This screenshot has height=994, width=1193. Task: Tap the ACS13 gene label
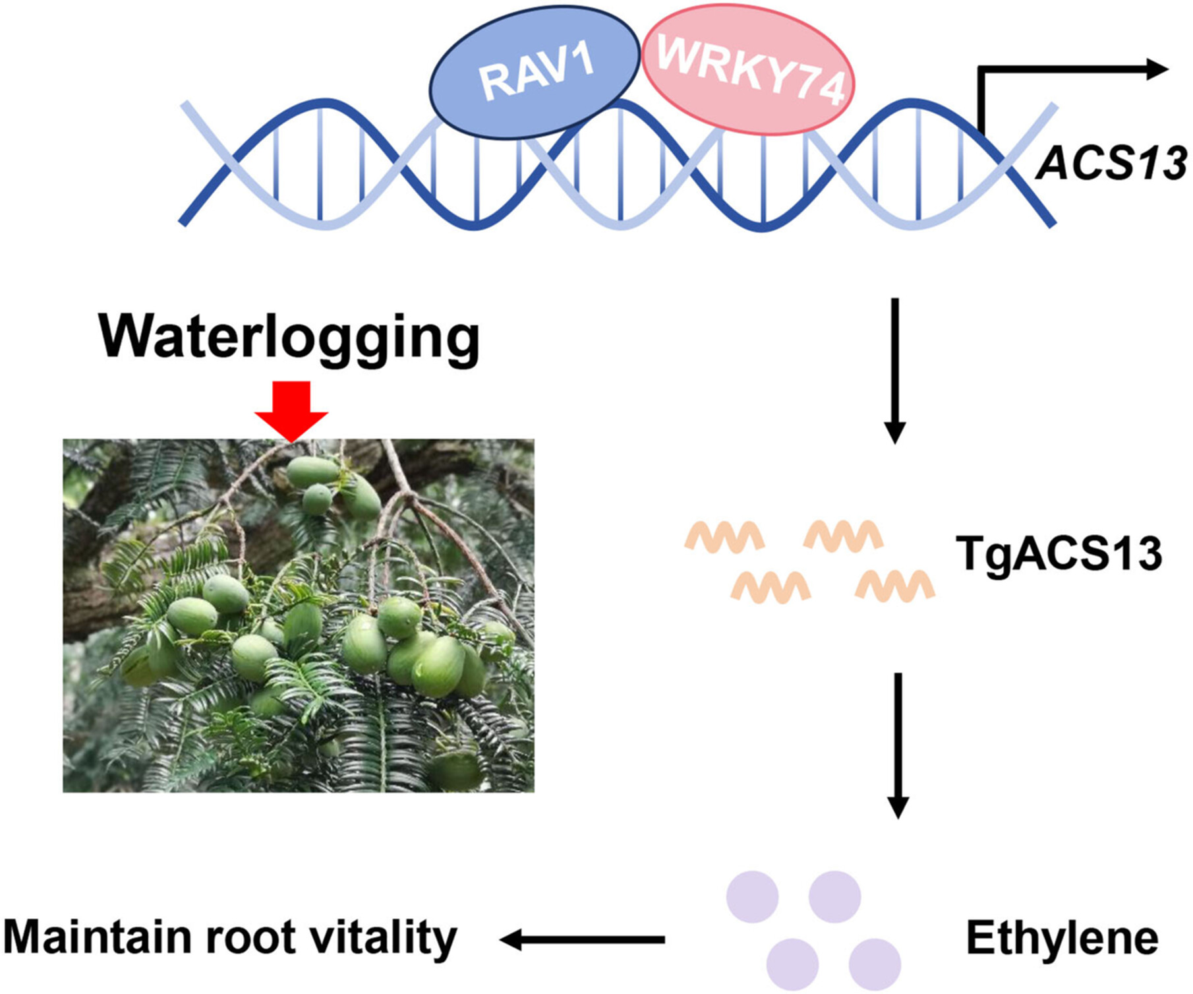click(x=1111, y=163)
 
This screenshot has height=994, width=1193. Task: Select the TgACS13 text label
click(x=1059, y=554)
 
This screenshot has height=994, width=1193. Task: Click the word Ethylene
click(x=1062, y=938)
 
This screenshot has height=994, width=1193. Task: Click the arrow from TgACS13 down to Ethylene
click(x=898, y=745)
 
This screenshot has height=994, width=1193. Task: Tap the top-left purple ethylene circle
click(x=752, y=896)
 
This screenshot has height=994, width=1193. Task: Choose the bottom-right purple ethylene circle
click(x=875, y=964)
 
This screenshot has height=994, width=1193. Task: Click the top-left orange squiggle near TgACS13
click(x=724, y=536)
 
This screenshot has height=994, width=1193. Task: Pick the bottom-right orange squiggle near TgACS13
click(x=895, y=586)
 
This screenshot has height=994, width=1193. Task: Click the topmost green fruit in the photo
click(x=312, y=472)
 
